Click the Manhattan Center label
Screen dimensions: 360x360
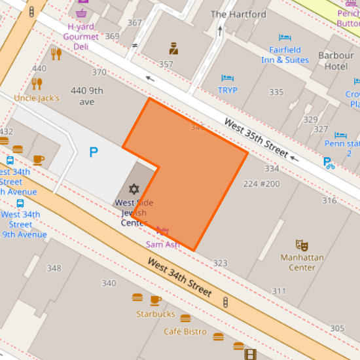302,262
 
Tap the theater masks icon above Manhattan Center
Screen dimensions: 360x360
302,245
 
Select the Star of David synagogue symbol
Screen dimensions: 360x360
134,189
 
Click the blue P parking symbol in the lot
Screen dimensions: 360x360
94,153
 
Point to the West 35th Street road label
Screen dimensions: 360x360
256,137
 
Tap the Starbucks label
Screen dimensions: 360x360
156,314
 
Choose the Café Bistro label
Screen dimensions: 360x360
185,332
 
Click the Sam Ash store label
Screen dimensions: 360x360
163,244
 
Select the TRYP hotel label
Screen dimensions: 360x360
228,90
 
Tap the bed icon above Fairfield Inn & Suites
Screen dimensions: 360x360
285,38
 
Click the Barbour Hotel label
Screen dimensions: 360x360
336,61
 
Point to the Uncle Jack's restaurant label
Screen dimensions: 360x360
37,98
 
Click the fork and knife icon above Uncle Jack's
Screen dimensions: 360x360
37,83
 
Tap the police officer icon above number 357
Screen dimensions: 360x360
173,48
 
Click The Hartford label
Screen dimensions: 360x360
238,14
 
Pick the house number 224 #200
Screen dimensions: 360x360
261,184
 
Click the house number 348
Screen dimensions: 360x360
54,268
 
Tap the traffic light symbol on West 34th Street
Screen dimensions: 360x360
226,302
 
